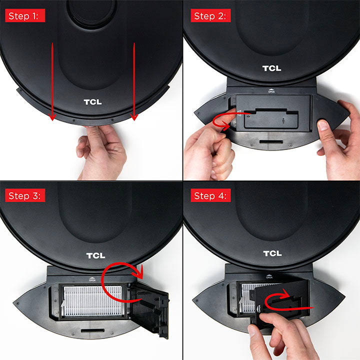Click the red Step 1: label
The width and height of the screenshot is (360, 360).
click(x=25, y=15)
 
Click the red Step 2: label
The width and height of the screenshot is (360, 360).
click(x=210, y=15)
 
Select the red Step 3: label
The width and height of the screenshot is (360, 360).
click(x=25, y=195)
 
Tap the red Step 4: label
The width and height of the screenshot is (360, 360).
click(x=210, y=195)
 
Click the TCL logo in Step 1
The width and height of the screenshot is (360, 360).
click(x=92, y=102)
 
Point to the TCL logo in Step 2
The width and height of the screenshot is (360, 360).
click(x=272, y=68)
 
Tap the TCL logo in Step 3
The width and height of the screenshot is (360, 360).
click(x=95, y=255)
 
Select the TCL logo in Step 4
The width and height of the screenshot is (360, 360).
click(x=272, y=253)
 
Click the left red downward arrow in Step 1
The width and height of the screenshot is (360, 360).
click(x=52, y=81)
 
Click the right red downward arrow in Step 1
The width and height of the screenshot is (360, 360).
click(x=134, y=81)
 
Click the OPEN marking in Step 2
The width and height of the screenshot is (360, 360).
click(x=271, y=91)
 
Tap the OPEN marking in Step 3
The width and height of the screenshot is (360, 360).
click(x=92, y=279)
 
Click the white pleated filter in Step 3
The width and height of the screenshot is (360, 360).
click(x=92, y=301)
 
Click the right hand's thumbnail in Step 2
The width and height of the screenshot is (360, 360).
click(x=323, y=125)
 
